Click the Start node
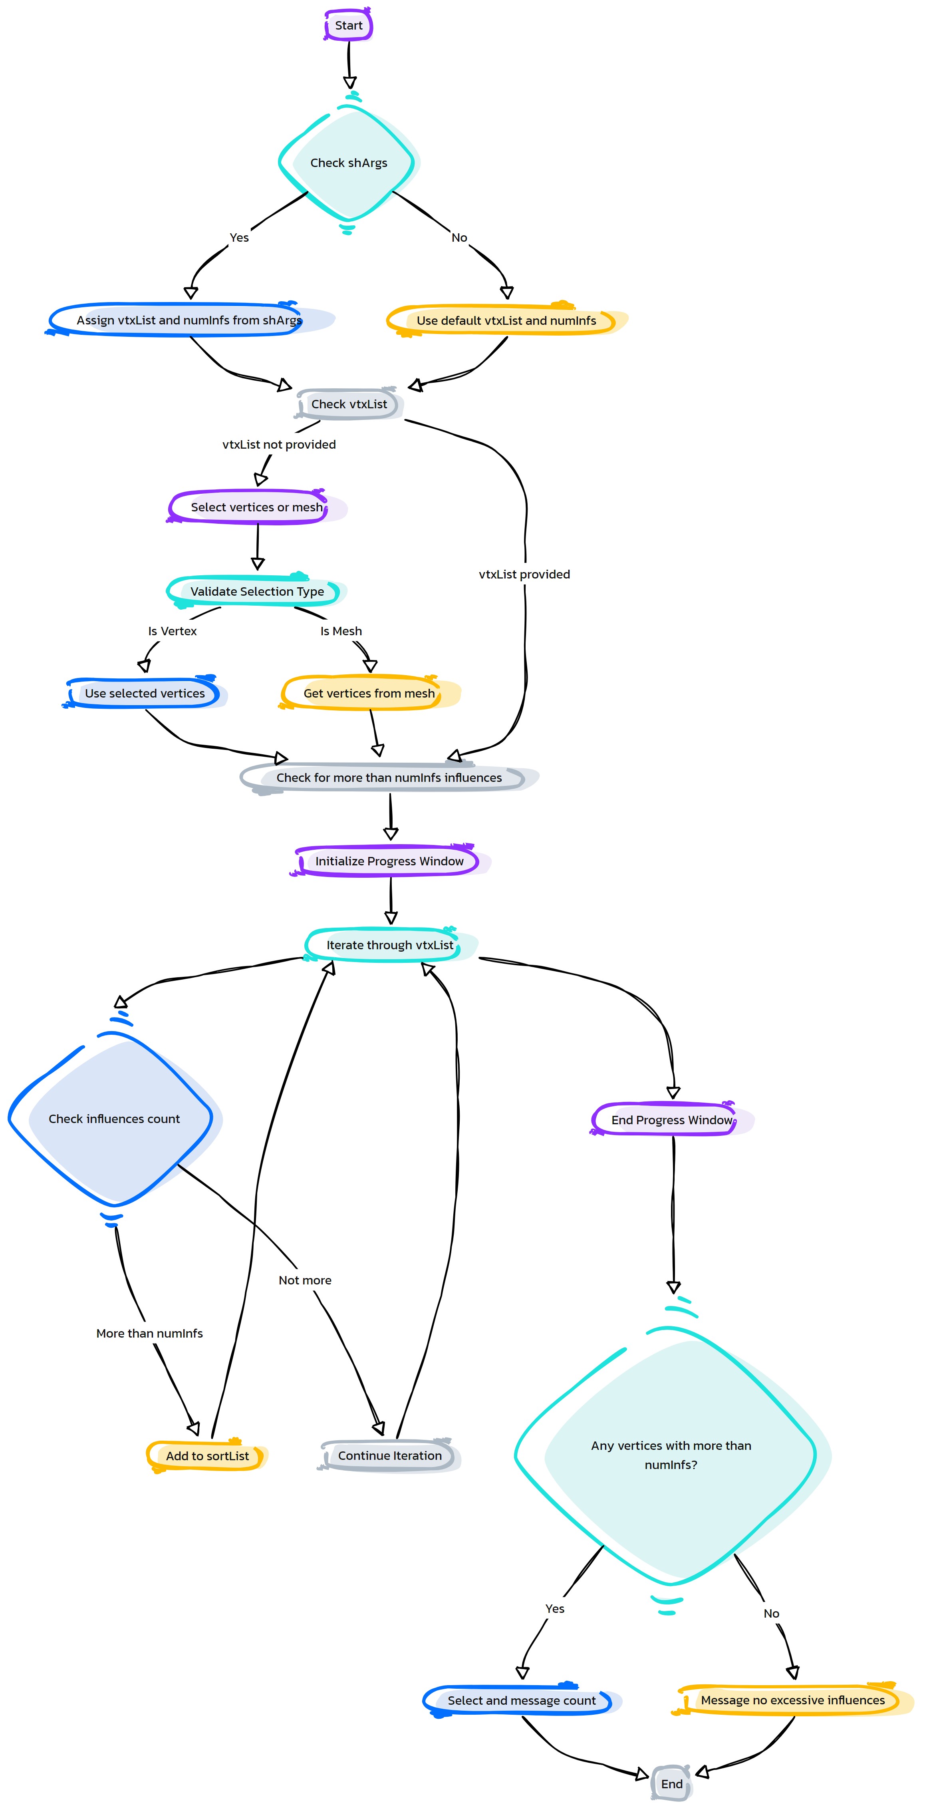(348, 25)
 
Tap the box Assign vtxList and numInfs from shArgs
(189, 320)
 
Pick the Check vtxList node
(349, 404)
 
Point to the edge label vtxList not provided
(279, 445)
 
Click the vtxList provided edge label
(524, 575)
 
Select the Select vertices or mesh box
(257, 507)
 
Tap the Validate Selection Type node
(257, 591)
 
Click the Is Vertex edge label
(173, 631)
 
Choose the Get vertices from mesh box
(369, 693)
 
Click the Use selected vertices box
(145, 693)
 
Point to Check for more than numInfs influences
(389, 777)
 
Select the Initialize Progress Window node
(389, 861)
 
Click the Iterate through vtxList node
(390, 945)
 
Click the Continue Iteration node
(390, 1456)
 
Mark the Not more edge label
(305, 1280)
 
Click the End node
(672, 1784)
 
